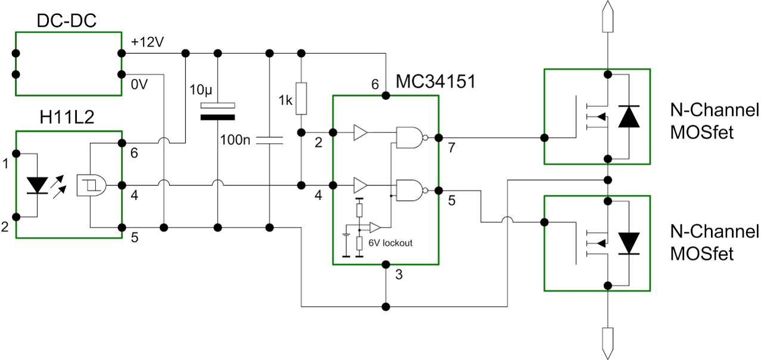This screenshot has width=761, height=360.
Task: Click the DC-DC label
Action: pos(67,21)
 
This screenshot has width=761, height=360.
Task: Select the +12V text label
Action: pos(147,42)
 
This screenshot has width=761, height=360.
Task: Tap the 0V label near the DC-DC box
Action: pos(138,85)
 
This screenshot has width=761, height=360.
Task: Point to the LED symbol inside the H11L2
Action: pos(38,185)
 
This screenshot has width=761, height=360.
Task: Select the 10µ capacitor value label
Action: pos(201,91)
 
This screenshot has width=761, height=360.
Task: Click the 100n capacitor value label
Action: pos(237,141)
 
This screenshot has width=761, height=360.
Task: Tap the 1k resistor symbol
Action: pos(302,99)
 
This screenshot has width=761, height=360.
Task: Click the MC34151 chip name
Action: pos(437,82)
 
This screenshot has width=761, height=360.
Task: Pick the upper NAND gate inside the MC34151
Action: pos(410,138)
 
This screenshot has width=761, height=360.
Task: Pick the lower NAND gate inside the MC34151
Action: pos(410,190)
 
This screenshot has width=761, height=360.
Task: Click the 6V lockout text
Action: pos(390,243)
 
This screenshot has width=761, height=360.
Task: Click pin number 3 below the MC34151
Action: pos(399,275)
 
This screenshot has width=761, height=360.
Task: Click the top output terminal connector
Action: pos(607,16)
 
